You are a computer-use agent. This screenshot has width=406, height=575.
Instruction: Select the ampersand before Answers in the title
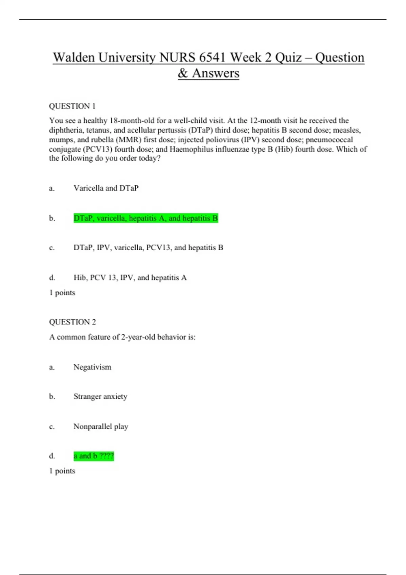pyautogui.click(x=183, y=73)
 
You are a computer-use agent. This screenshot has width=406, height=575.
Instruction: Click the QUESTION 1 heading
pyautogui.click(x=72, y=106)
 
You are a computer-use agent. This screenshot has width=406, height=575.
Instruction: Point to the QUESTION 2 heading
pyautogui.click(x=72, y=322)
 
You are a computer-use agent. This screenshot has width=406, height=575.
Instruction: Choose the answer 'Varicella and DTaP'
pyautogui.click(x=106, y=188)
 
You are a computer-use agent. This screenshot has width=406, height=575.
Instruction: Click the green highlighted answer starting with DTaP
pyautogui.click(x=145, y=218)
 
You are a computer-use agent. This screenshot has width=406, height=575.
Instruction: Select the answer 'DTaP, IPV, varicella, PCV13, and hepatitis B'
pyautogui.click(x=148, y=248)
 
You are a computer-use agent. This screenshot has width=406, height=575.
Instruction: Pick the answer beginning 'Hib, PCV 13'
pyautogui.click(x=130, y=278)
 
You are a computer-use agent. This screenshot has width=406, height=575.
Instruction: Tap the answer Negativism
pyautogui.click(x=92, y=367)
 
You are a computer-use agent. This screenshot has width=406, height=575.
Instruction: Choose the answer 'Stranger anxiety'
pyautogui.click(x=100, y=396)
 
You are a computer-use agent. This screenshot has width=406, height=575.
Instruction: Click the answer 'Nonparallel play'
pyautogui.click(x=100, y=427)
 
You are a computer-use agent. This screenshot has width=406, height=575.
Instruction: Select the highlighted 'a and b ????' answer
pyautogui.click(x=93, y=456)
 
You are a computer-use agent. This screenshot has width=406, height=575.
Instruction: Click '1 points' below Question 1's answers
pyautogui.click(x=62, y=293)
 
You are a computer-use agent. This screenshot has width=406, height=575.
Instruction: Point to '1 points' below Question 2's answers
pyautogui.click(x=62, y=471)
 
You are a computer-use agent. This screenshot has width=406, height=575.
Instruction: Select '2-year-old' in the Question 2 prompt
pyautogui.click(x=138, y=337)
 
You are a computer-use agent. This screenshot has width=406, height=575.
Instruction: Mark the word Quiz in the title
pyautogui.click(x=289, y=57)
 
